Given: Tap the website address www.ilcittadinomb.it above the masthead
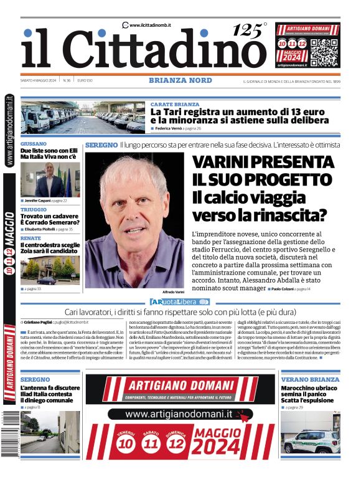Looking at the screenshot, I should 151,25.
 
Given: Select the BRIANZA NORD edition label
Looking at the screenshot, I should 180,80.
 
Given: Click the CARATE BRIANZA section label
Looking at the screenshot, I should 175,104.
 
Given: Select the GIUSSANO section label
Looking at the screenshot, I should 34,143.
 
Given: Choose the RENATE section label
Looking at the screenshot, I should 30,238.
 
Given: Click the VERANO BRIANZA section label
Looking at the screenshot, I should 310,379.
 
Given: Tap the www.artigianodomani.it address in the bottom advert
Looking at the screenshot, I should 179,413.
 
